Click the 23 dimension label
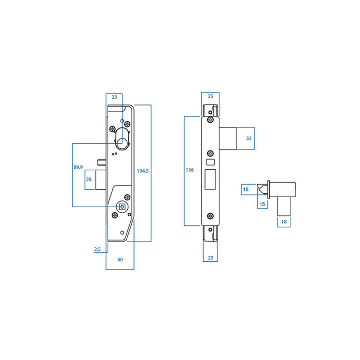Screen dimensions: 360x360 point(114,97)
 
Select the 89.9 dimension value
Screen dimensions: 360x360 point(78,167)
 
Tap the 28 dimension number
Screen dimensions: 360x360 point(88,179)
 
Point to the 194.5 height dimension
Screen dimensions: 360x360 point(143,171)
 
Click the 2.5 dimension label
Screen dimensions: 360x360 point(98,249)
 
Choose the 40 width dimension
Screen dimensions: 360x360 point(120,260)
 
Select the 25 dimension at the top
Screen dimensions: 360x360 point(211,96)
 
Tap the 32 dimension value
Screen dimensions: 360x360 point(249,138)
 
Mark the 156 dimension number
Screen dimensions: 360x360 point(190,170)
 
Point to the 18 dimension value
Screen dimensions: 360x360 point(284,222)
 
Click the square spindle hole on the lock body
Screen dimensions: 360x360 point(122,207)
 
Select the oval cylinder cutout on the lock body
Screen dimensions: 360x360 point(122,141)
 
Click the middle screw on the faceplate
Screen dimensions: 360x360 point(210,153)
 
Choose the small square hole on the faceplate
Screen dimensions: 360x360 point(210,163)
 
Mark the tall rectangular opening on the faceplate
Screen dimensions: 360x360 point(210,180)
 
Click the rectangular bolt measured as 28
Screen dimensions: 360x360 point(100,179)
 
